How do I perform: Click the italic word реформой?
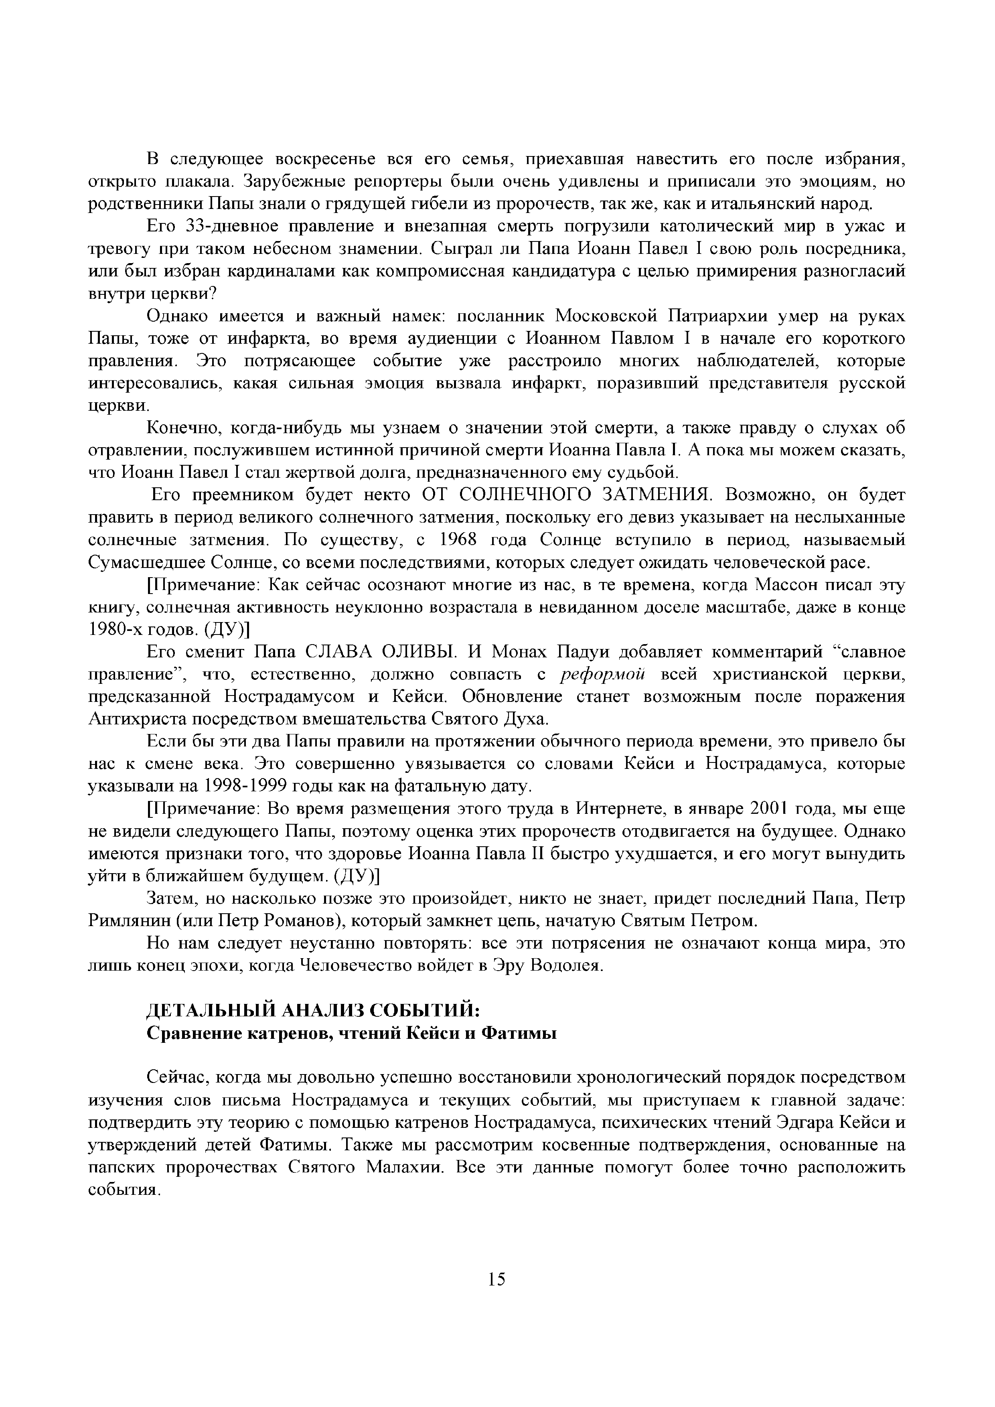pos(604,675)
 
